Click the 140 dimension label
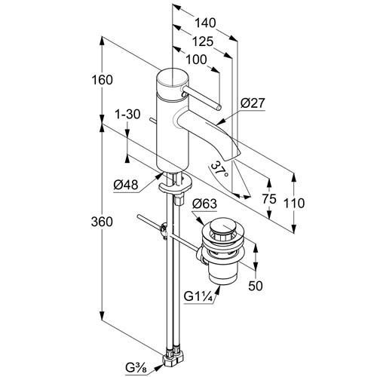point(206,23)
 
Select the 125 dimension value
point(203,41)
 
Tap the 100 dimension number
point(196,60)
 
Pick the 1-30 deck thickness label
point(127,115)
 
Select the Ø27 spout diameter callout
point(253,103)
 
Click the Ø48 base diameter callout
point(126,185)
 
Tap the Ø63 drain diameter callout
point(204,204)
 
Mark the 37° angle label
point(219,169)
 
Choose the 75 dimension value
point(269,199)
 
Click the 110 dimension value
point(294,203)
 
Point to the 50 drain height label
point(256,286)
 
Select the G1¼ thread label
point(199,297)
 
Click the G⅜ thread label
point(136,367)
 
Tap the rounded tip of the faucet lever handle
point(219,108)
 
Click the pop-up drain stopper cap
point(221,227)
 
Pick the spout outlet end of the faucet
point(231,156)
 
